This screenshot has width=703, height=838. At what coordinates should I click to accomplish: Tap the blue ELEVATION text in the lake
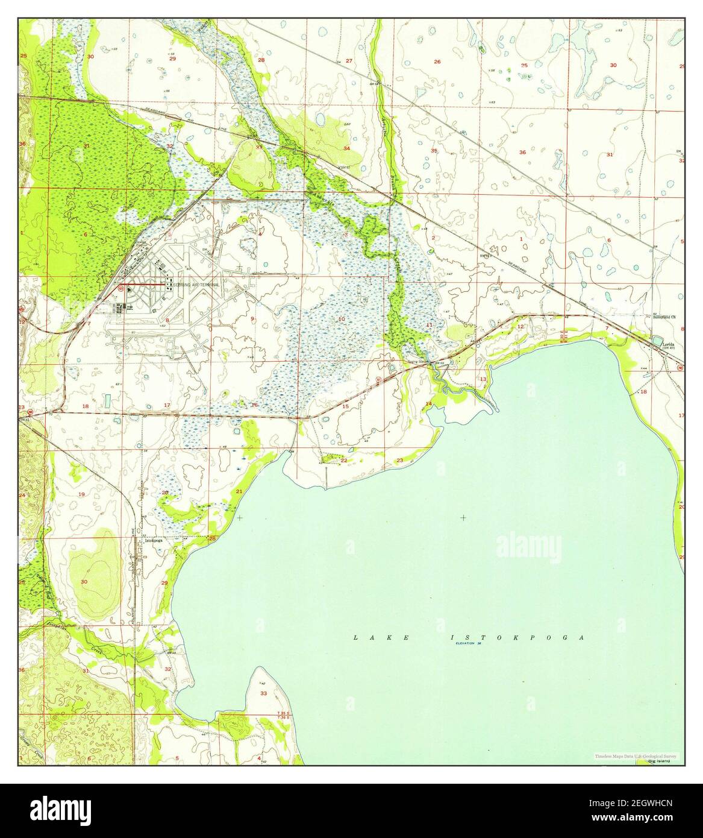tap(467, 644)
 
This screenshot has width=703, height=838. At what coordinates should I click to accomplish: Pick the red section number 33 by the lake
tap(263, 693)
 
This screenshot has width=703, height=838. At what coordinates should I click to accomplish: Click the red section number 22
tap(344, 460)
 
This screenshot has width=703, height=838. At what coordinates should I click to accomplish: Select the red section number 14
tap(429, 403)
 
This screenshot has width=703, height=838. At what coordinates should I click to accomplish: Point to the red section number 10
tap(342, 318)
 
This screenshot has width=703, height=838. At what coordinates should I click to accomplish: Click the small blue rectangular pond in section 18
tap(107, 400)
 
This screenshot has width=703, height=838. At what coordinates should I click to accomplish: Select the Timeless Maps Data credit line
tap(635, 756)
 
